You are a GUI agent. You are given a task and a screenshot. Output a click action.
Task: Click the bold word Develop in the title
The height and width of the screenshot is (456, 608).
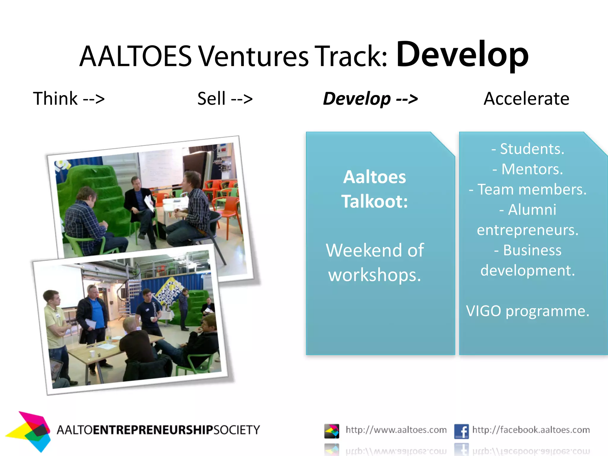462,55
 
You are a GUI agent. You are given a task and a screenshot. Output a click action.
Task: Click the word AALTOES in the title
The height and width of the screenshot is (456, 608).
136,56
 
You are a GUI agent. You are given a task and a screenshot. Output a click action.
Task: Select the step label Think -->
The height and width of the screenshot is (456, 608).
69,99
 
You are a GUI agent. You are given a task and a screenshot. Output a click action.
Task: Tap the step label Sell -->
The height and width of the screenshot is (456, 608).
225,99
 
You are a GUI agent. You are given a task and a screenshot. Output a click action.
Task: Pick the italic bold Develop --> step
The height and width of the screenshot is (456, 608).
370,99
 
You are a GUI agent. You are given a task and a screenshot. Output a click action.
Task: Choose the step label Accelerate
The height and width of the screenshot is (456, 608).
526,99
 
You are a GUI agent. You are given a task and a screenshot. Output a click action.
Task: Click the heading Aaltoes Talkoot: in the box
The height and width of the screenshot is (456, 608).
374,189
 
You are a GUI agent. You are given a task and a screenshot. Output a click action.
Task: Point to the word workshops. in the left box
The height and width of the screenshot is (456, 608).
374,275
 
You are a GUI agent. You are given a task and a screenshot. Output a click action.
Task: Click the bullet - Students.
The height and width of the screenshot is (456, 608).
528,149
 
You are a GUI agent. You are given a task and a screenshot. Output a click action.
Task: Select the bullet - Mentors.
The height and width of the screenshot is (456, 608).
528,169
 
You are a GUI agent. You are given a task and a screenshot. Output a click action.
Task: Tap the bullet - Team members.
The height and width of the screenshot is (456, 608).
528,189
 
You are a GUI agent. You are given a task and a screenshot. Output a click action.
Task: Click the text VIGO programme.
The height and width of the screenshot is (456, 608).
528,311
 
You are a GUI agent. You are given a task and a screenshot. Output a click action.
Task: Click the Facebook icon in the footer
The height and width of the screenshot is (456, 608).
461,431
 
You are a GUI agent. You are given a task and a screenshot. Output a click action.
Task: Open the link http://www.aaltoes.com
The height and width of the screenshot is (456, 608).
396,430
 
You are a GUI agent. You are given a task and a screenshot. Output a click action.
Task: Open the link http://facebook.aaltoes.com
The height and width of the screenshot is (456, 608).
531,430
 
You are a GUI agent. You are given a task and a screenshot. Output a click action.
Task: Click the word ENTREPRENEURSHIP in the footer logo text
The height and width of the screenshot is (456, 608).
153,430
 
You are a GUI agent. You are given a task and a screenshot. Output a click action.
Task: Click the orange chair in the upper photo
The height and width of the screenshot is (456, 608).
229,208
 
